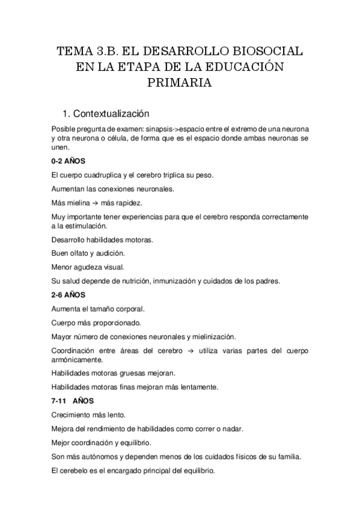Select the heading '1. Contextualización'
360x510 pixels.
click(115, 114)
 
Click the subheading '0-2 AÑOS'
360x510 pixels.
click(68, 162)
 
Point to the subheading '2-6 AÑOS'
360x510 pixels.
click(68, 295)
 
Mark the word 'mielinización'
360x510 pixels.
click(212, 336)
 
